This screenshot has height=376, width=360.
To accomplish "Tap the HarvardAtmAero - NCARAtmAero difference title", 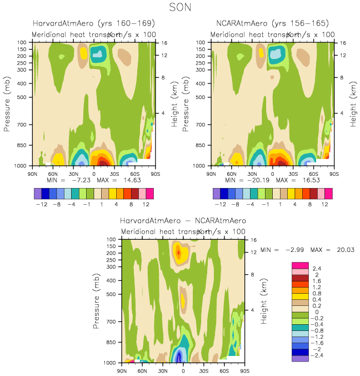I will coord(183,220).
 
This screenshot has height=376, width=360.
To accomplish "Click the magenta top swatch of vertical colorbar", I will coord(299,265).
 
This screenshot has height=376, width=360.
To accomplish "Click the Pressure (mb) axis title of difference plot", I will coord(98,300).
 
